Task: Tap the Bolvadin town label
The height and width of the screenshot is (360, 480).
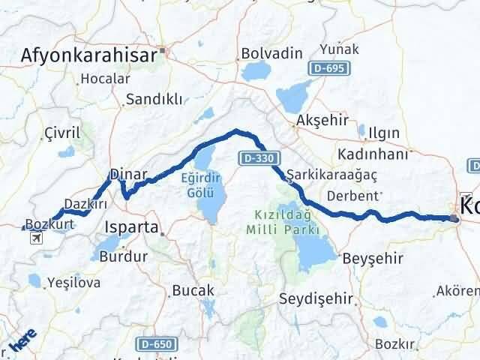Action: point(271,54)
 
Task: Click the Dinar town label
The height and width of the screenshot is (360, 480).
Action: point(128,174)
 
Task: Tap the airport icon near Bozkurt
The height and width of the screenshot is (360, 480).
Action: point(34,238)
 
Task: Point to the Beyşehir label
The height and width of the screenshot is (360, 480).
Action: point(372,259)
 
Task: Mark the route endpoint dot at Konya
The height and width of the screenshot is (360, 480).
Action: point(454,219)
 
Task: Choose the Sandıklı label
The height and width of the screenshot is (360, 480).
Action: point(154,99)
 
